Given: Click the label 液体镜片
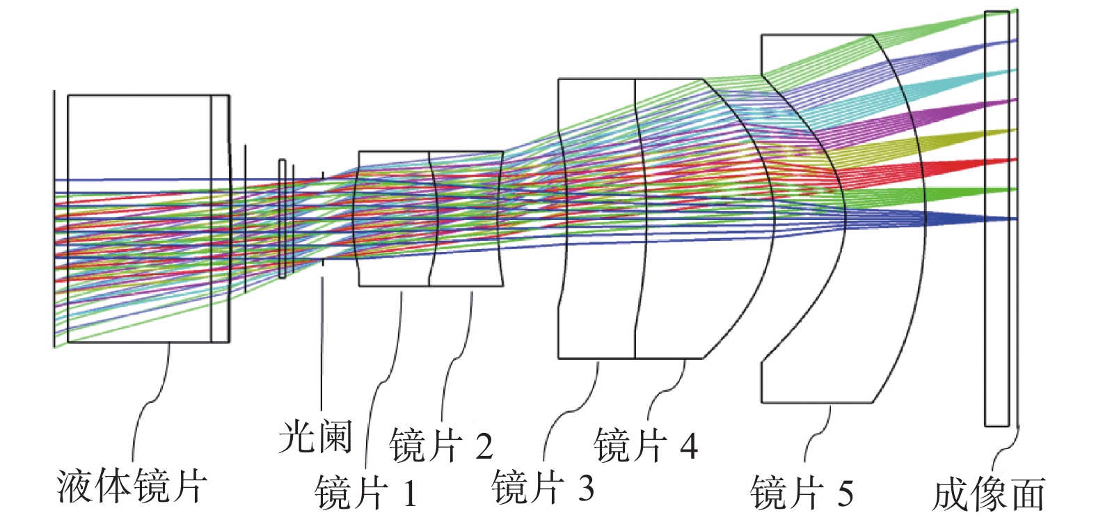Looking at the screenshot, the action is [x=131, y=486].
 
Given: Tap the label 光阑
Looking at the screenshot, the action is [x=316, y=437].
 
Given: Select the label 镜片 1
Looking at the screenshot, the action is [x=366, y=491].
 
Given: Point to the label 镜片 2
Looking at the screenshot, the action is [x=441, y=444].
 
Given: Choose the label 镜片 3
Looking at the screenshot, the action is [x=543, y=487].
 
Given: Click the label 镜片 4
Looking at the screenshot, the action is [x=646, y=444].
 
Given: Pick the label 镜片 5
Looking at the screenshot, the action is [x=802, y=491].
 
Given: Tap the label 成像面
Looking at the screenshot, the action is [x=988, y=494].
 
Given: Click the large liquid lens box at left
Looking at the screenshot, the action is [x=148, y=219].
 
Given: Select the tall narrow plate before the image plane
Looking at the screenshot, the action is [x=997, y=219].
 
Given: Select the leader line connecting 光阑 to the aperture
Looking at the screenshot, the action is [x=322, y=343].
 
